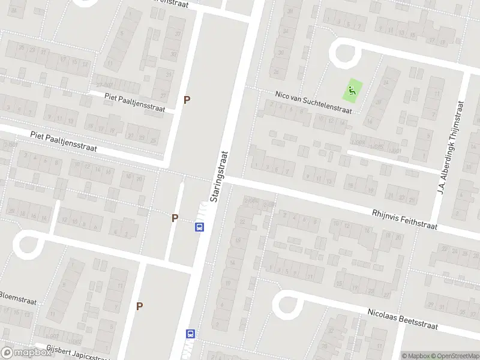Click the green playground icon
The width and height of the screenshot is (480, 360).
click(x=350, y=92)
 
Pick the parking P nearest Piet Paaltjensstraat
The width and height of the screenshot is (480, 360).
click(x=187, y=100)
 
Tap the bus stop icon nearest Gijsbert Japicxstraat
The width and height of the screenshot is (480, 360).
click(x=191, y=334)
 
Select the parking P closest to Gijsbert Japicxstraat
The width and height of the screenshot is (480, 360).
click(x=140, y=306)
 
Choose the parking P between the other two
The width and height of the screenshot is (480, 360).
click(x=175, y=218)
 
